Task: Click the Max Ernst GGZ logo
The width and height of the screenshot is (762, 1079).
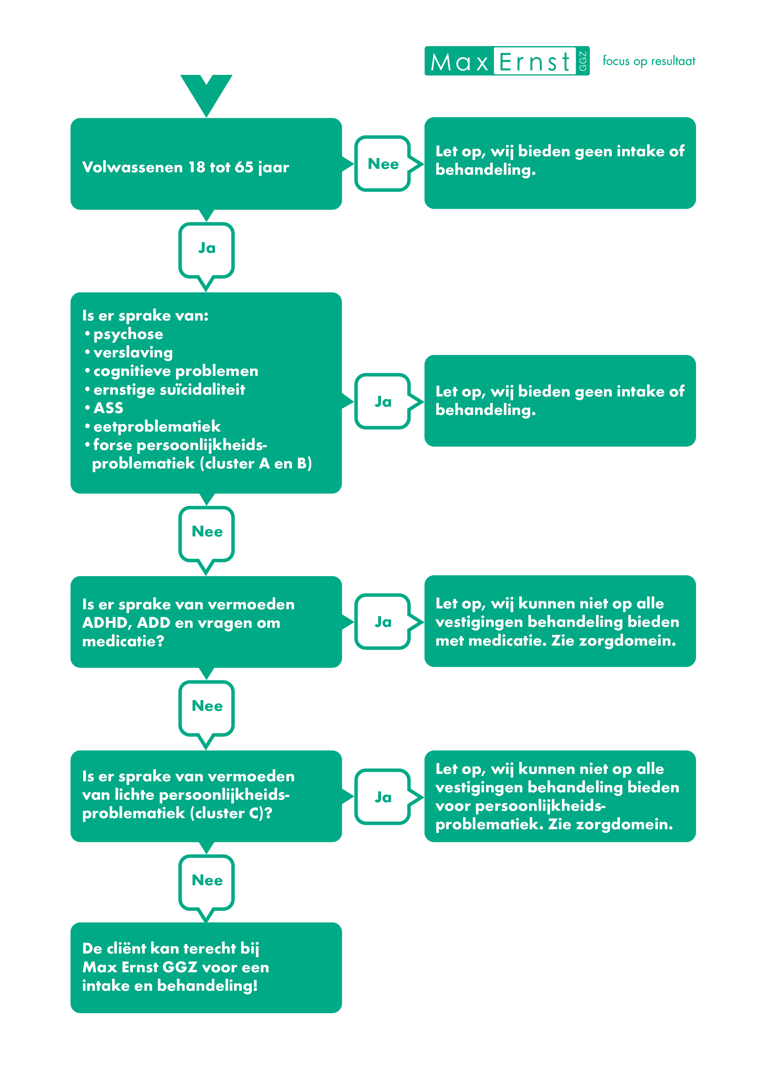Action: click(x=507, y=61)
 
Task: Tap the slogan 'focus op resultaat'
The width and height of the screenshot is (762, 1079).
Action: click(x=648, y=61)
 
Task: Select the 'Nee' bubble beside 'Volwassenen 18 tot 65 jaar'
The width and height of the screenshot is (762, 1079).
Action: click(x=383, y=164)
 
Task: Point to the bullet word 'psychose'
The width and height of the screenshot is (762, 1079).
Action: click(x=128, y=334)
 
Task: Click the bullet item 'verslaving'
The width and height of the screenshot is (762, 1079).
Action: click(x=133, y=352)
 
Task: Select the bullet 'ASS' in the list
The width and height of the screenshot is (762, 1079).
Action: click(x=108, y=408)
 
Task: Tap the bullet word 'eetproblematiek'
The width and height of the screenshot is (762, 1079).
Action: click(x=157, y=426)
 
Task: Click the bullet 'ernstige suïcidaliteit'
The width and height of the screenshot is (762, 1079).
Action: click(x=169, y=390)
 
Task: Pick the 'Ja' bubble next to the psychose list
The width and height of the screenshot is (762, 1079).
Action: click(x=383, y=401)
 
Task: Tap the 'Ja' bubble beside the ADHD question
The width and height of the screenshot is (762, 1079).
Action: click(x=383, y=622)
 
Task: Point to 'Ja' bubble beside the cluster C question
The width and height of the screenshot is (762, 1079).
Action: click(x=383, y=797)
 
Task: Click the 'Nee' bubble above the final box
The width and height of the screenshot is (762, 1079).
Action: click(x=206, y=883)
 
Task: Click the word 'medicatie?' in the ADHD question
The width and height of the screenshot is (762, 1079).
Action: click(x=123, y=641)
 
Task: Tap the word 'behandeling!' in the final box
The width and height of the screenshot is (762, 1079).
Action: click(x=207, y=985)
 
